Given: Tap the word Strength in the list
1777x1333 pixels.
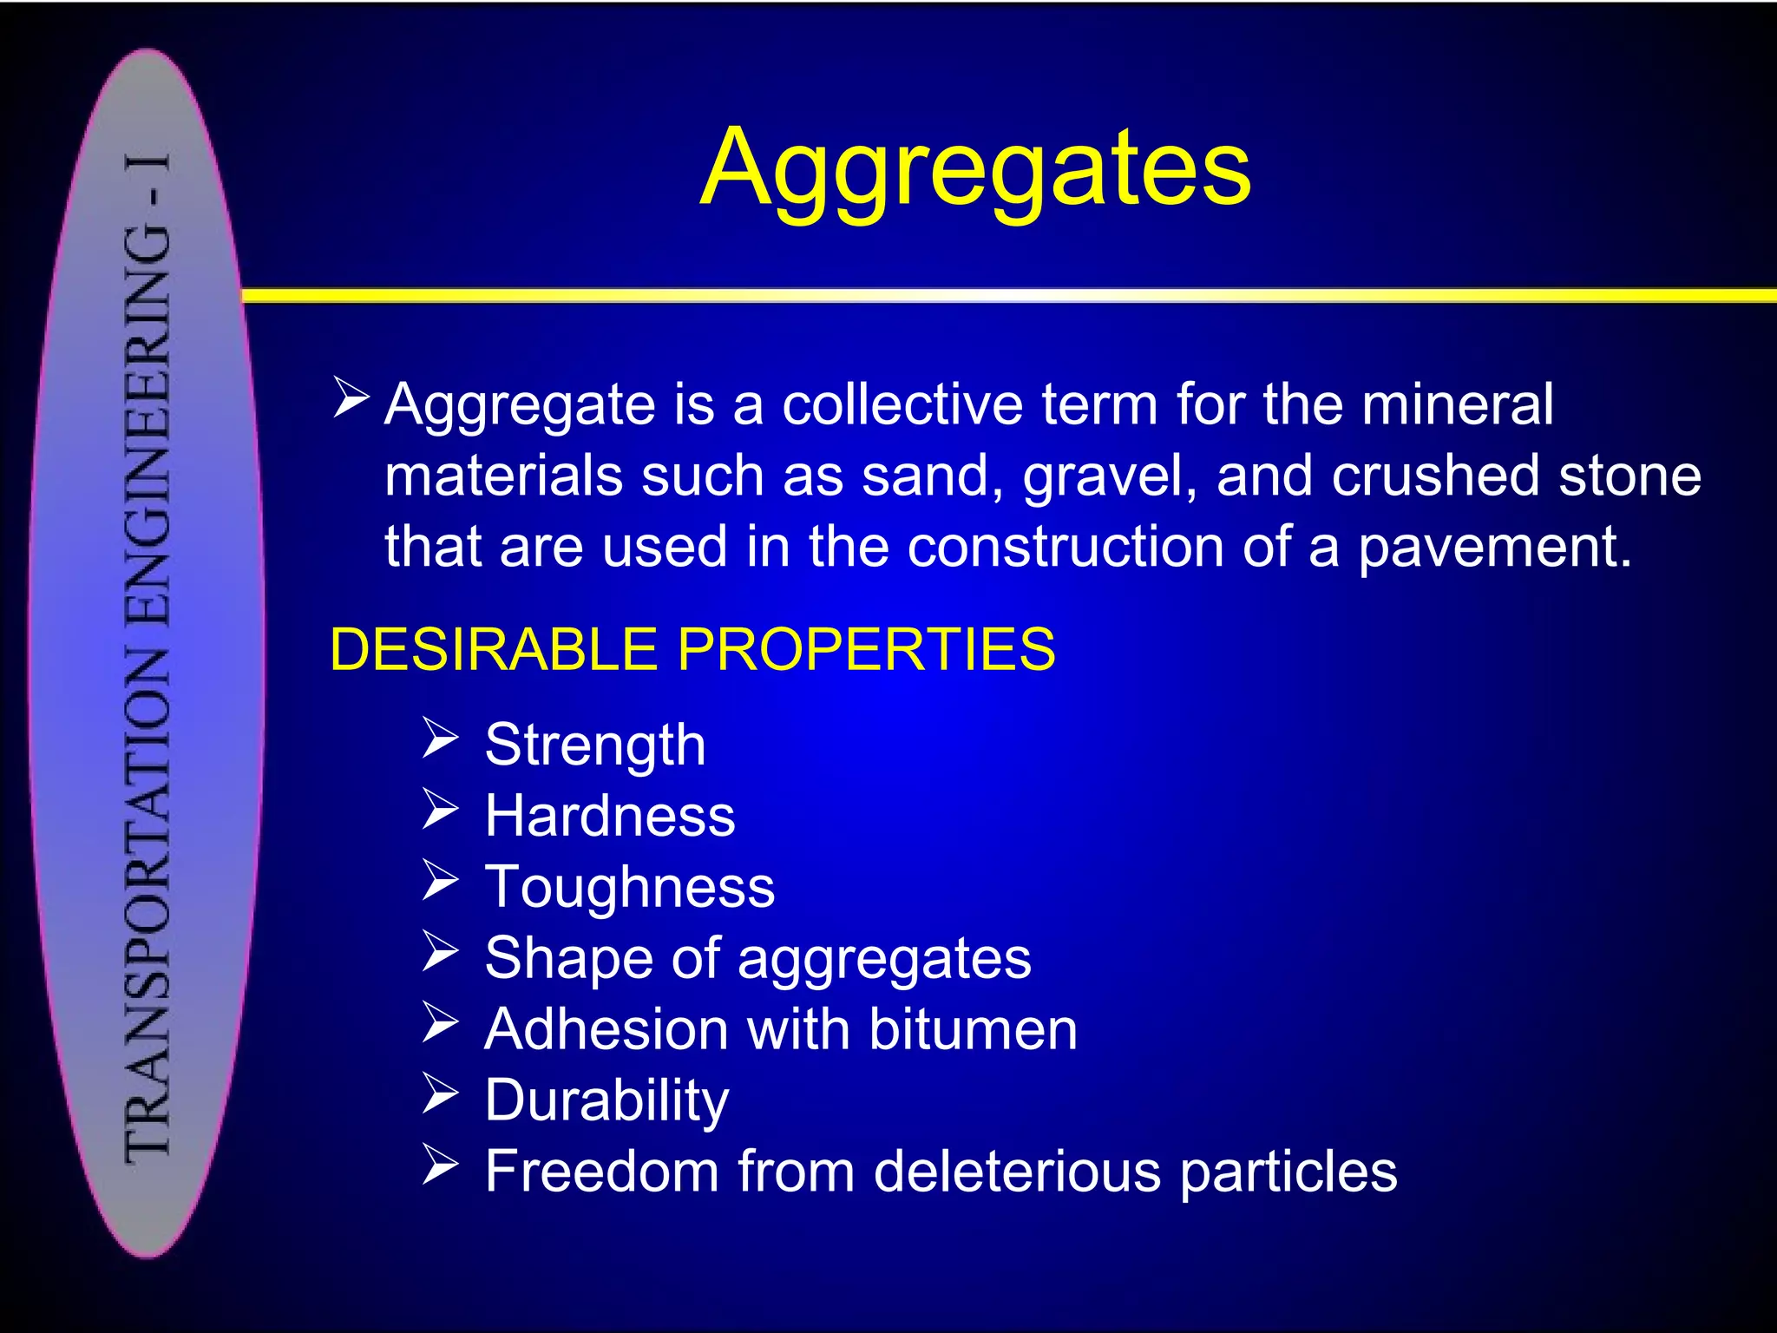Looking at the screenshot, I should pyautogui.click(x=595, y=745).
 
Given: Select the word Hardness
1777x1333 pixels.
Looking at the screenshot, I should pyautogui.click(x=610, y=816).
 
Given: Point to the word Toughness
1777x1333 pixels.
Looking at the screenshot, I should pyautogui.click(x=630, y=887).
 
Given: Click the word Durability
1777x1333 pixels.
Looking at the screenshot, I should pyautogui.click(x=607, y=1100).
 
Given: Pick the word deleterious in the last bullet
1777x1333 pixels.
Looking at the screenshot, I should pyautogui.click(x=1017, y=1172).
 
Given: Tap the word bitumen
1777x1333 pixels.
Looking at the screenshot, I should pyautogui.click(x=973, y=1029).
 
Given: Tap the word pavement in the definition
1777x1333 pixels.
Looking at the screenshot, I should pyautogui.click(x=1494, y=548).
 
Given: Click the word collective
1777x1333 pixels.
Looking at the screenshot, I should pyautogui.click(x=902, y=404).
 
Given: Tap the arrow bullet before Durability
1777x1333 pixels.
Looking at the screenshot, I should pyautogui.click(x=440, y=1093).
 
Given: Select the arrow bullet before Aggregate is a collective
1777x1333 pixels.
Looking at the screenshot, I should pyautogui.click(x=351, y=398).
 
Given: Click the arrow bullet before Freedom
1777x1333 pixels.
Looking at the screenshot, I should pyautogui.click(x=440, y=1165).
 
